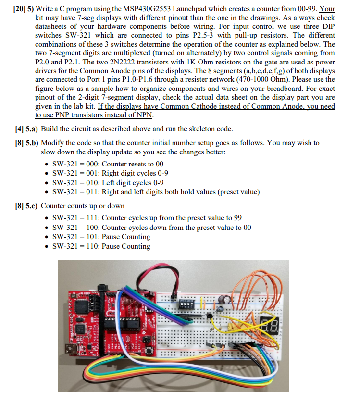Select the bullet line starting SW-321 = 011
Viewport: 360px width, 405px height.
pyautogui.click(x=156, y=192)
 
